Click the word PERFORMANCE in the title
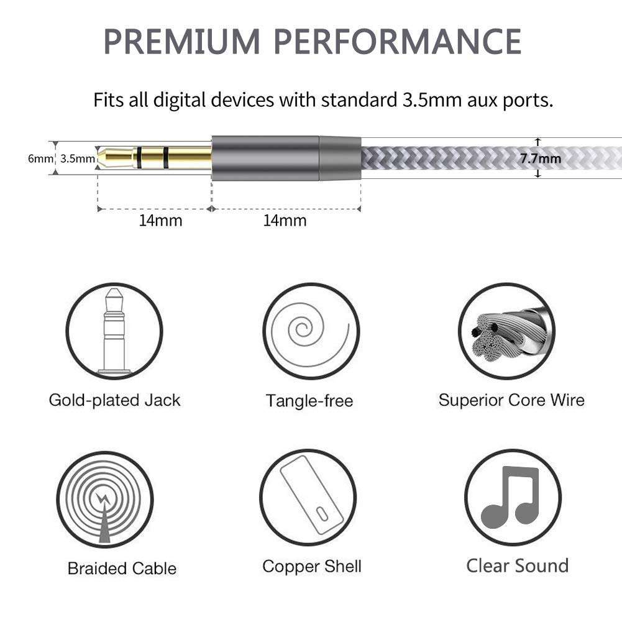398,41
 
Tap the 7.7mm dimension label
540,158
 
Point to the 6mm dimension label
41,158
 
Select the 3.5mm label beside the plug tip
78,158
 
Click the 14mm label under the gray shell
285,221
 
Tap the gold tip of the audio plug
109,158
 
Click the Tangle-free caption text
309,401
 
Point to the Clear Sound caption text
517,566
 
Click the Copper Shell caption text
311,567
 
